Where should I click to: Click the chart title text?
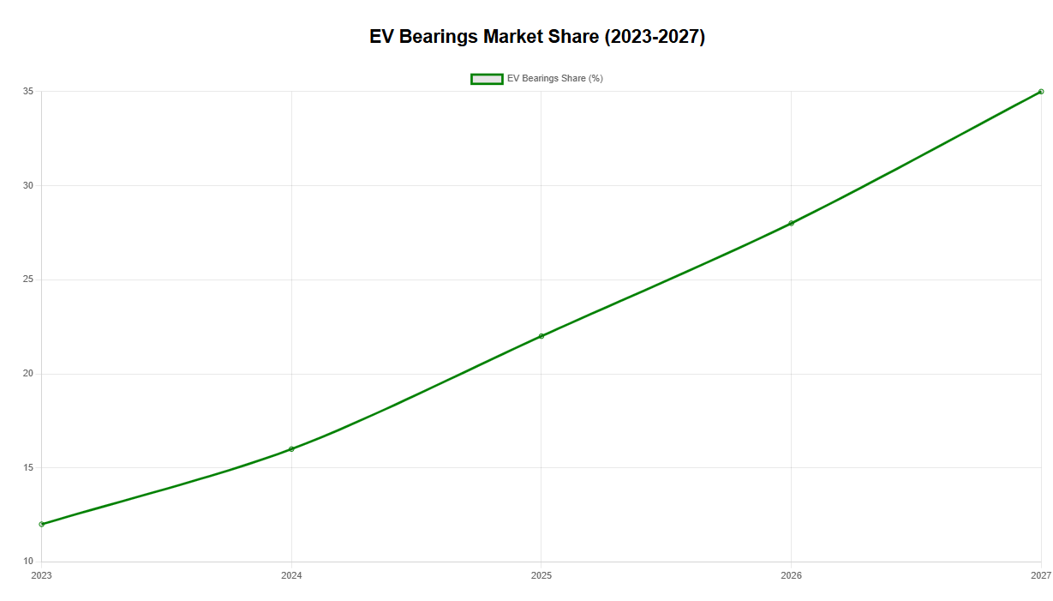(537, 37)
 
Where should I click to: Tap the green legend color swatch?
(487, 79)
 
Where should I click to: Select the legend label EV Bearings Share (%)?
(554, 79)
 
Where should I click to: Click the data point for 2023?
(41, 524)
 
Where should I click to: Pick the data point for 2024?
(291, 449)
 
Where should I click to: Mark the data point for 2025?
(541, 336)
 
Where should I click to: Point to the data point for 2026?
(791, 224)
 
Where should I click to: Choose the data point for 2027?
(1041, 92)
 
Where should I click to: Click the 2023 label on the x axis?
(41, 575)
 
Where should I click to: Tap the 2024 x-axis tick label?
(291, 575)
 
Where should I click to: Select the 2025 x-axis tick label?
(541, 575)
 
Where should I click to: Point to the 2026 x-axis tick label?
(791, 575)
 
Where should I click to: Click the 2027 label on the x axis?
(1041, 575)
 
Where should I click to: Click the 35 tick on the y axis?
(28, 91)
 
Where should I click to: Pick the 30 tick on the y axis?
(28, 185)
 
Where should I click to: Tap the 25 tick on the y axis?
(28, 279)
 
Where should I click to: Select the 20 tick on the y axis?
(28, 374)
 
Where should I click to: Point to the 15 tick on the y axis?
(28, 467)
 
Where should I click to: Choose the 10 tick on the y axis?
(28, 561)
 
